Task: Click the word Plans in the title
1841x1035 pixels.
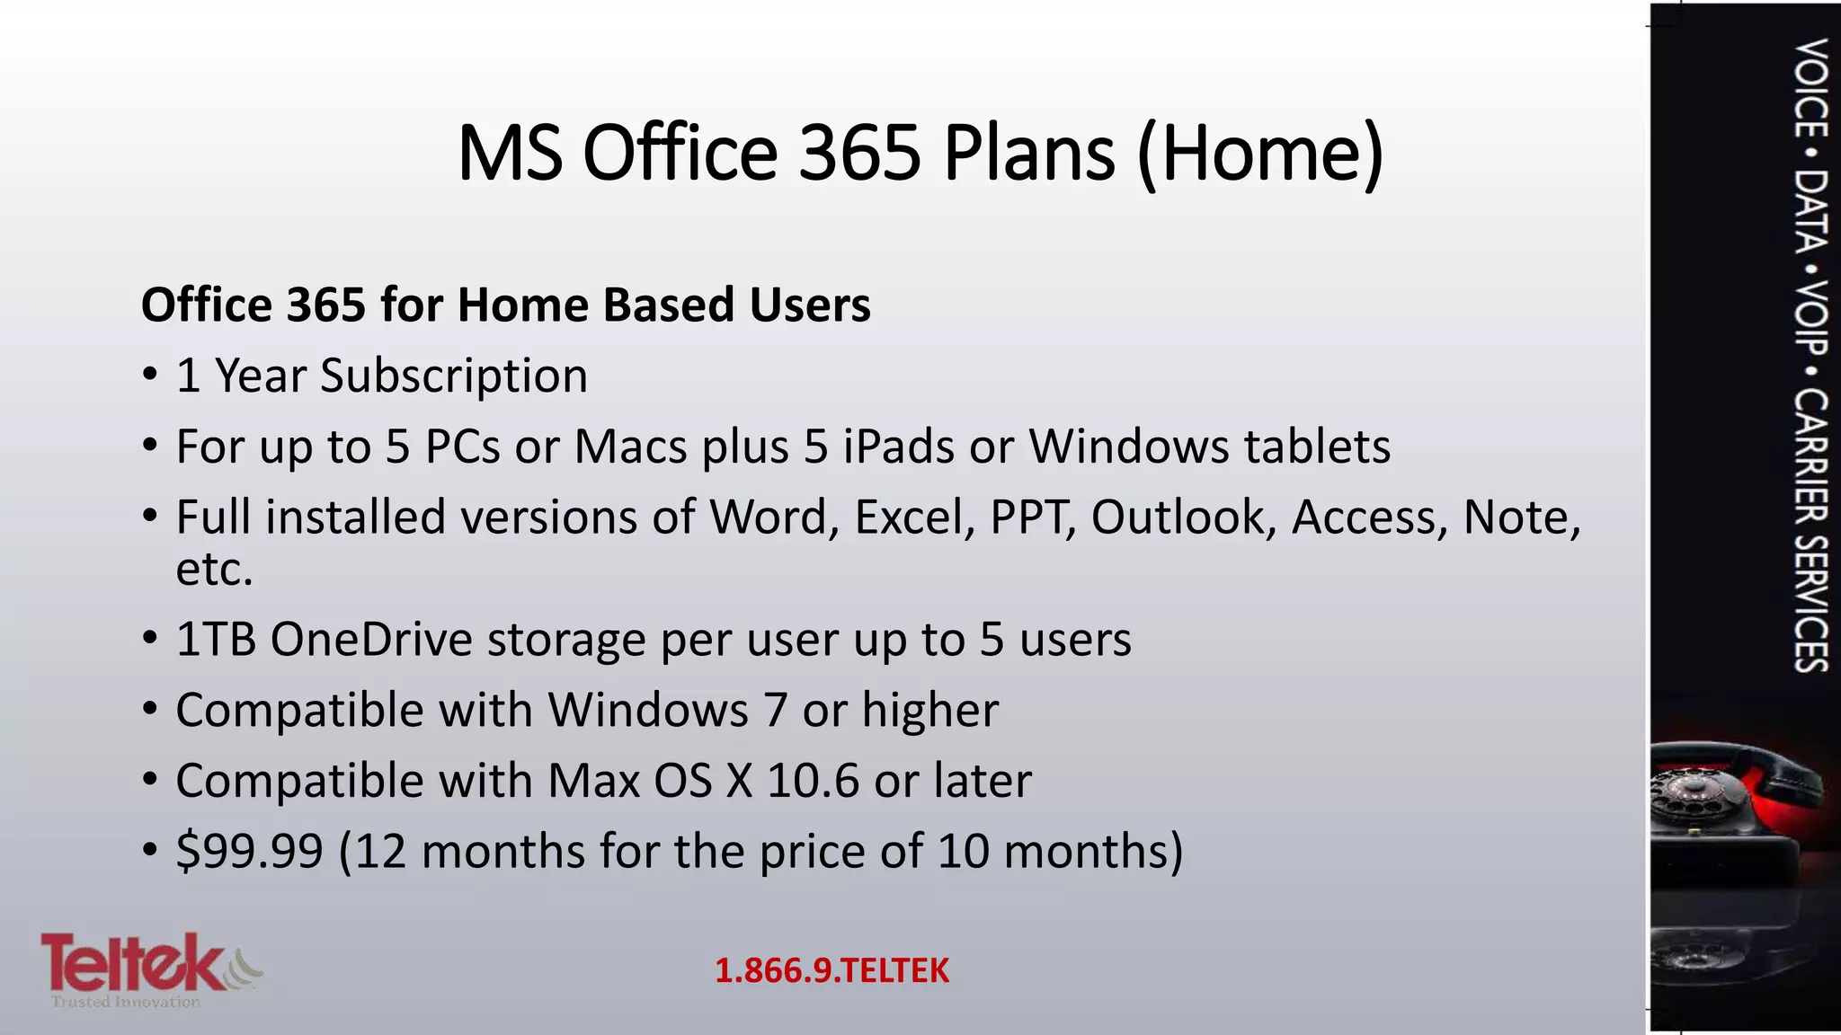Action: (1028, 153)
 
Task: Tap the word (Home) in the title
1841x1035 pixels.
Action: (1260, 155)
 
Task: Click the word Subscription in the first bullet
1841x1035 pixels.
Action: (454, 376)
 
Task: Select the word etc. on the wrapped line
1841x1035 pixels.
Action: (214, 570)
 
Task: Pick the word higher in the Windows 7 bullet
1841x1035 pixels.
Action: (929, 711)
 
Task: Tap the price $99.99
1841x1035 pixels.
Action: (249, 851)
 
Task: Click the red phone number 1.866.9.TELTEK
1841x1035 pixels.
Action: (832, 971)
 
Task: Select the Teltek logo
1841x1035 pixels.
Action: (135, 963)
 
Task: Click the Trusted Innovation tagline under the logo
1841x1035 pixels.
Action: (126, 1002)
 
